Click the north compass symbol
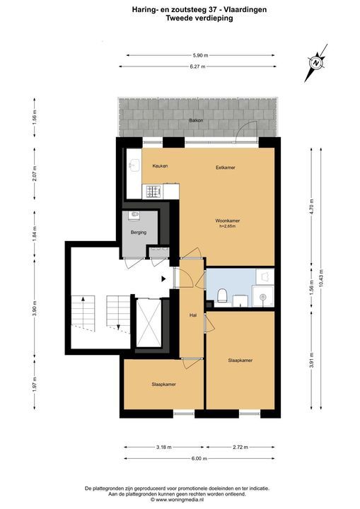click(316, 62)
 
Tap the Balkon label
click(196, 120)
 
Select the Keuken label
click(160, 166)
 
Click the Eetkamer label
click(226, 168)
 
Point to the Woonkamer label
click(228, 221)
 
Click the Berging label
click(139, 233)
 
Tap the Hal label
click(193, 315)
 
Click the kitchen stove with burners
click(152, 191)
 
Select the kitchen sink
click(134, 165)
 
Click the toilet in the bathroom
click(223, 295)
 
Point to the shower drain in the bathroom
click(263, 296)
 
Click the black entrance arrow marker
click(164, 279)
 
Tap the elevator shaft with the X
click(149, 323)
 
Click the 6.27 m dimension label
click(197, 66)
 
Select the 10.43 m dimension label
click(321, 279)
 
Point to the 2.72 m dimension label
click(240, 447)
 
